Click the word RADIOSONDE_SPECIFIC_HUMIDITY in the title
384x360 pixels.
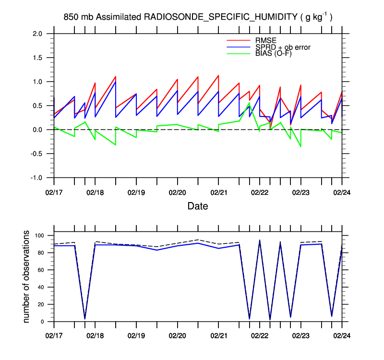pos(221,17)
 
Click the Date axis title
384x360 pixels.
pos(198,206)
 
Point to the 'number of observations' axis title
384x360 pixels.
pos(27,277)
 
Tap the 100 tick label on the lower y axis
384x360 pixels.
pos(40,236)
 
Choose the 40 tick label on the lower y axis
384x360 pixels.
pos(41,287)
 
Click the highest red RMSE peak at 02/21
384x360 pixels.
pos(218,75)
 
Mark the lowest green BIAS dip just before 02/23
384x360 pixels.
pos(301,146)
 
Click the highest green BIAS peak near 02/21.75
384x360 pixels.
pos(249,103)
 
